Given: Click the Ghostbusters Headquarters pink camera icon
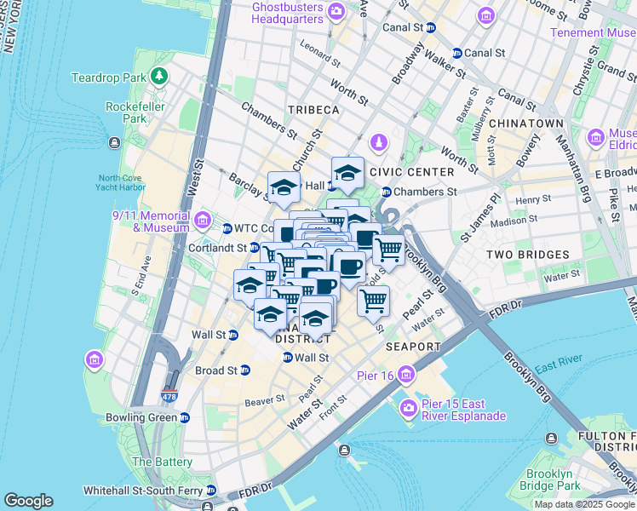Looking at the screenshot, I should click(336, 11).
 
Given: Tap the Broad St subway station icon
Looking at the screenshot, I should click(246, 370).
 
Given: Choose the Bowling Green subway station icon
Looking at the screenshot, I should click(185, 417).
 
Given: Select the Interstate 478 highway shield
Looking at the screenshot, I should click(169, 397).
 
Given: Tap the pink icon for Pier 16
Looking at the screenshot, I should click(407, 374).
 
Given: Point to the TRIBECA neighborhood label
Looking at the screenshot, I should click(313, 111).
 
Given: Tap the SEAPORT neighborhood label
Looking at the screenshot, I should click(413, 347).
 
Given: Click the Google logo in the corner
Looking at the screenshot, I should click(28, 501).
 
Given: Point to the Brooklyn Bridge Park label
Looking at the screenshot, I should click(548, 480).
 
